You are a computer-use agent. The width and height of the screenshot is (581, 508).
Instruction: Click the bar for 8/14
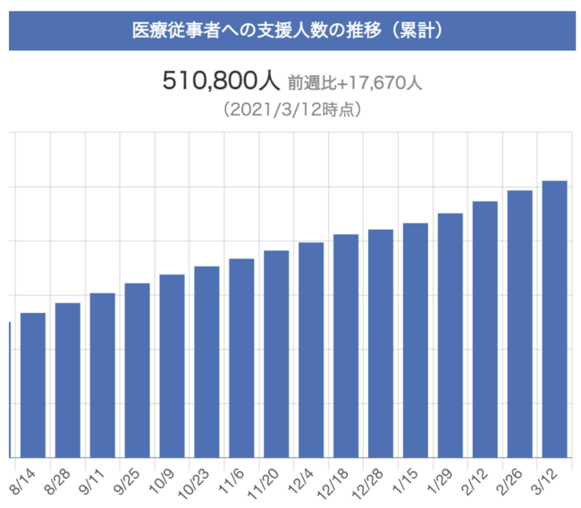tap(33, 385)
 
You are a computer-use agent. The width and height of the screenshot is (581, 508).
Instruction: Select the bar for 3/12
tap(554, 318)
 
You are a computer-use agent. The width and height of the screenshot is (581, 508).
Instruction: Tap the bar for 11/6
tap(241, 358)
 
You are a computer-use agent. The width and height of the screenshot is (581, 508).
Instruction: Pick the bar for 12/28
tap(381, 343)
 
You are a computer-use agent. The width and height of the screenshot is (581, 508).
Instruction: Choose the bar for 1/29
tap(450, 335)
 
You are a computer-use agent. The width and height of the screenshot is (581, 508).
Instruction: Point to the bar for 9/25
tap(137, 370)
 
